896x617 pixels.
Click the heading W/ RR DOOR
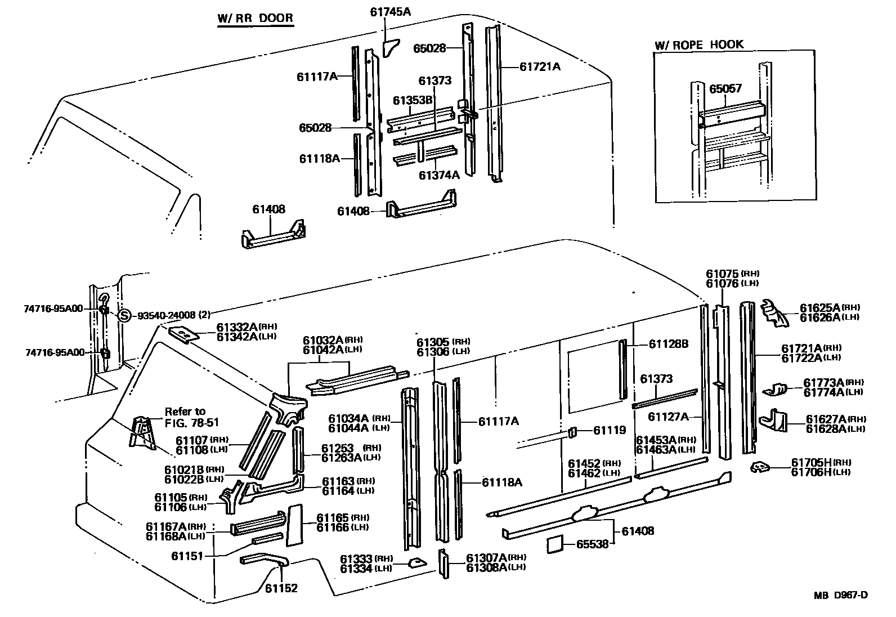coord(255,18)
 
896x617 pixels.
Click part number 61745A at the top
coord(390,12)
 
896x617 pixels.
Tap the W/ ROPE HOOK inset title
coord(699,44)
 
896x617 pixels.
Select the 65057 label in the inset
coord(725,88)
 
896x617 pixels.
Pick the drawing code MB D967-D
coord(841,595)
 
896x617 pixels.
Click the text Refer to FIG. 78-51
coord(191,417)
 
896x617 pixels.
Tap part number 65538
coord(593,544)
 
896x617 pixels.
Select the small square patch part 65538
coord(555,544)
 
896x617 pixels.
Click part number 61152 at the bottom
coord(281,588)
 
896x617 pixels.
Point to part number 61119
coord(610,430)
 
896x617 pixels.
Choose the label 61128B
coord(669,344)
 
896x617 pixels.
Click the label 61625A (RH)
coord(830,307)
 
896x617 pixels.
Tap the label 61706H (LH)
coord(821,472)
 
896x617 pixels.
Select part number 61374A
coord(439,175)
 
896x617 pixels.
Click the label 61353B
coord(413,100)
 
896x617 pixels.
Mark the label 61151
coord(187,556)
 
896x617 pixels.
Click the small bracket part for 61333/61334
coord(417,563)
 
